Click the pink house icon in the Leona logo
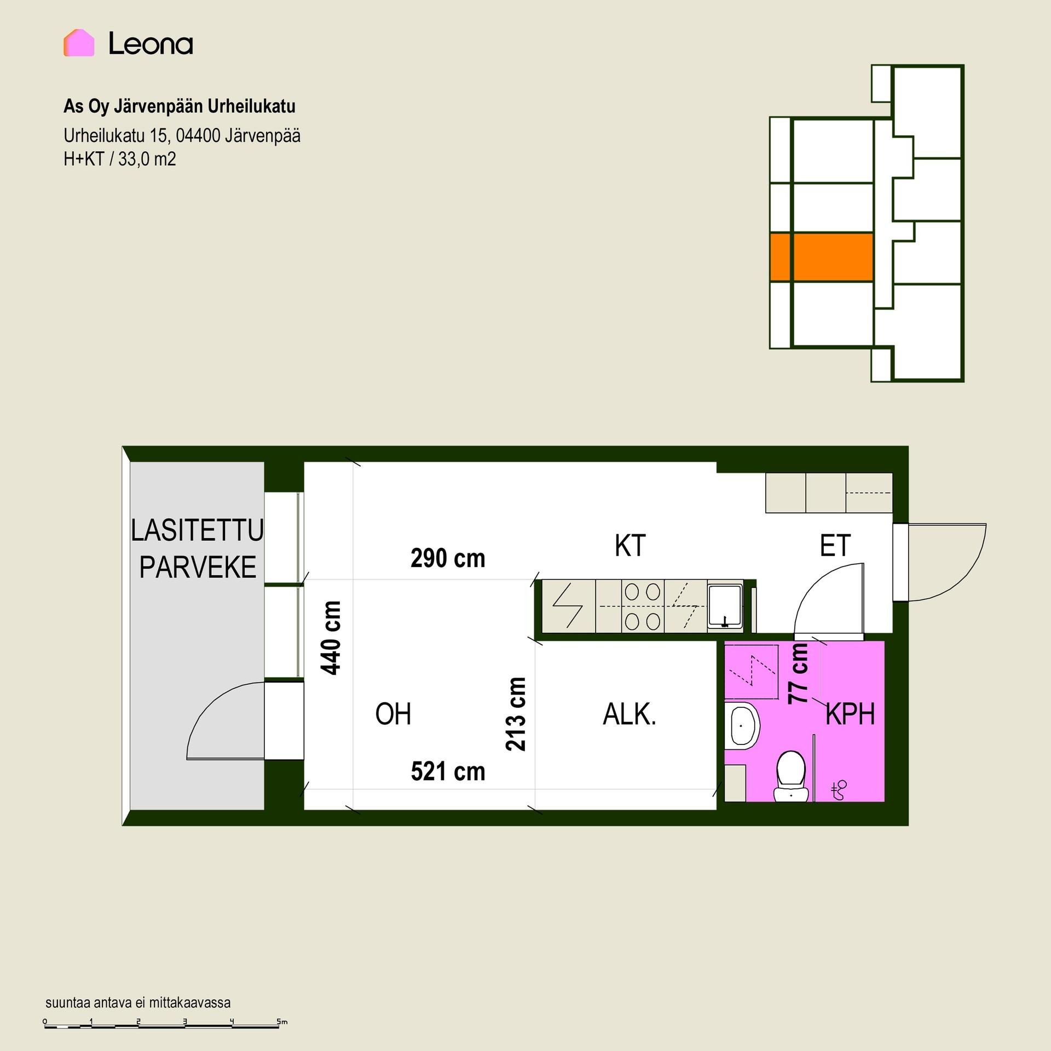coord(79,43)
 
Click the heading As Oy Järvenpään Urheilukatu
coord(180,106)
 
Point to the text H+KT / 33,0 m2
coord(120,159)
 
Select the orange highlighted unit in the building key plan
coord(821,257)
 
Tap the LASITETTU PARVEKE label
coord(198,549)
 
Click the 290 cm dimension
coord(448,558)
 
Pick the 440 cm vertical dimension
coord(331,638)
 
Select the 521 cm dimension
coord(448,772)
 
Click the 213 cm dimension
coord(516,714)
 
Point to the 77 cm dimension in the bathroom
coord(798,673)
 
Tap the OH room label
coord(393,714)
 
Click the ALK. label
coord(630,714)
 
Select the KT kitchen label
coord(630,546)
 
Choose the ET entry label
coord(835,546)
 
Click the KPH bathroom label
coord(850,714)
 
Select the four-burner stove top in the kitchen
coord(643,607)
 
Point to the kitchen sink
coord(725,606)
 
